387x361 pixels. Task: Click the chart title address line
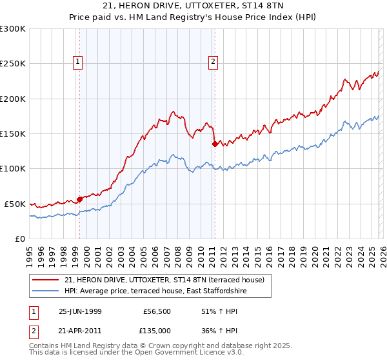[x=193, y=6]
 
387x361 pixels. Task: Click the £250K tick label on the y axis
[x=13, y=64]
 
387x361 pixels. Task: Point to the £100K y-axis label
[x=13, y=168]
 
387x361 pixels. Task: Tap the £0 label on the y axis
[x=20, y=239]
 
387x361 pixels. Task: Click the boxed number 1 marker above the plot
[x=78, y=62]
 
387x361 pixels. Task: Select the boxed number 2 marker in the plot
[x=213, y=62]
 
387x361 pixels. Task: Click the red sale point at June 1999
[x=80, y=199]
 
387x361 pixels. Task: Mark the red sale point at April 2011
[x=215, y=144]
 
